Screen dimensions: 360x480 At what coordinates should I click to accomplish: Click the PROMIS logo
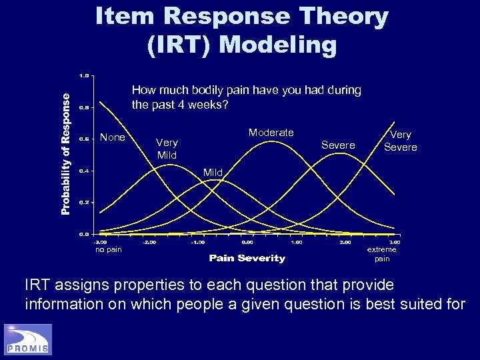(28, 339)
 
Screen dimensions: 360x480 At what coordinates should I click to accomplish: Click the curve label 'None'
(112, 138)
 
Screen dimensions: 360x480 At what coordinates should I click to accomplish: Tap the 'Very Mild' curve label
(167, 148)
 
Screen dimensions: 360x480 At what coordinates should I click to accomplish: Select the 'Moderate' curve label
(271, 133)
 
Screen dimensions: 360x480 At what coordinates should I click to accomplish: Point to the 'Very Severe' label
(400, 141)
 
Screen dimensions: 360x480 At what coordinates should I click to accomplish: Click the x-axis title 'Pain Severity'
(247, 258)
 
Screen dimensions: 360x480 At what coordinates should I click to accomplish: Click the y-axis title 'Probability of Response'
(65, 153)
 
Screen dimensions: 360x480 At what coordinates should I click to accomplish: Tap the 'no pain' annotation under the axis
(108, 250)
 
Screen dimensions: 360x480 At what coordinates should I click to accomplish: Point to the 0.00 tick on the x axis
(247, 242)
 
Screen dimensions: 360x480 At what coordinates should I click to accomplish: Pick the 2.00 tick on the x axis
(345, 242)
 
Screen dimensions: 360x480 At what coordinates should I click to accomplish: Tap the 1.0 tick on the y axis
(83, 75)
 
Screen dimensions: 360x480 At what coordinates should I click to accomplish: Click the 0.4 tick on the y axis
(83, 171)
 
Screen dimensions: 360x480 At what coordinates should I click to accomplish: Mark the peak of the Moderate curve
(270, 141)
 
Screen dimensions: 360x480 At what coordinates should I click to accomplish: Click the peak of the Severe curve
(340, 153)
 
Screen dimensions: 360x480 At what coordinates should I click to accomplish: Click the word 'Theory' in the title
(341, 17)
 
